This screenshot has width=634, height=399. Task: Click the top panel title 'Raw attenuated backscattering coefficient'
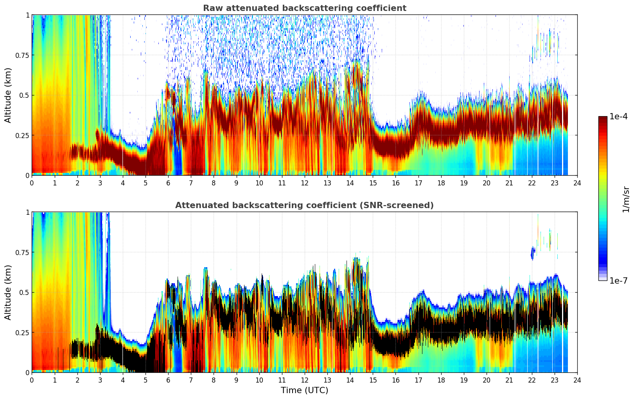[x=304, y=8]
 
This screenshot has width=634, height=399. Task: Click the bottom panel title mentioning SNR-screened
[x=304, y=205]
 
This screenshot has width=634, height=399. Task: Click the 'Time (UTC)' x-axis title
[x=304, y=390]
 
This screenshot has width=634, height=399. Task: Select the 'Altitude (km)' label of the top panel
[x=8, y=95]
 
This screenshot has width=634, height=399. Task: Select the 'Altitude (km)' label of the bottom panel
[x=8, y=292]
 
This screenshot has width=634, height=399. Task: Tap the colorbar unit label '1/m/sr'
[x=626, y=199]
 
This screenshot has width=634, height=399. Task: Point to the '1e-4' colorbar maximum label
[x=618, y=117]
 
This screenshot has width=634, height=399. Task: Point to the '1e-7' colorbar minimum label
[x=618, y=280]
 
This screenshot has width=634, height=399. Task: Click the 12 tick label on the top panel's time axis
[x=304, y=183]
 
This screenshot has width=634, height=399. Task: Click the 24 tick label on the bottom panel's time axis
[x=577, y=380]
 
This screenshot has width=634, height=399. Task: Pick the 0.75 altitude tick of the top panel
[x=22, y=55]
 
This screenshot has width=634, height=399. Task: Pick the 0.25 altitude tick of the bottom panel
[x=22, y=332]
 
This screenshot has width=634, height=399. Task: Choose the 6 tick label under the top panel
[x=168, y=183]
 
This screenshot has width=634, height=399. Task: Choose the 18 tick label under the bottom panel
[x=441, y=380]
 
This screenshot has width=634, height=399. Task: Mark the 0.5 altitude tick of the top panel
[x=24, y=95]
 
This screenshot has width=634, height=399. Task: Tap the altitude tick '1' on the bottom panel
[x=27, y=212]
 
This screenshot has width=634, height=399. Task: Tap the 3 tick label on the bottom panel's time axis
[x=100, y=380]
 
